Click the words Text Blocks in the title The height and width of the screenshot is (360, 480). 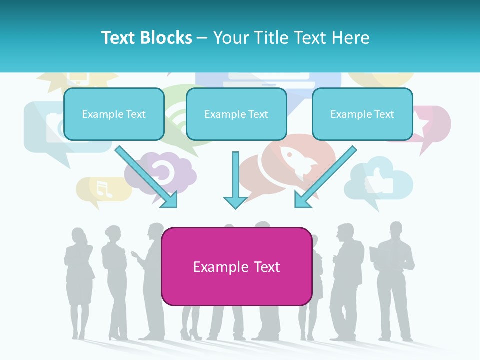tap(146, 38)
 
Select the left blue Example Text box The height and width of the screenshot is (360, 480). tap(114, 114)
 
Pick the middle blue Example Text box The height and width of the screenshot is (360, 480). tap(236, 114)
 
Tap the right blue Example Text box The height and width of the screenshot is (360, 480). tap(362, 114)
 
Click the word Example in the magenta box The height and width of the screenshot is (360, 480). tap(214, 267)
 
